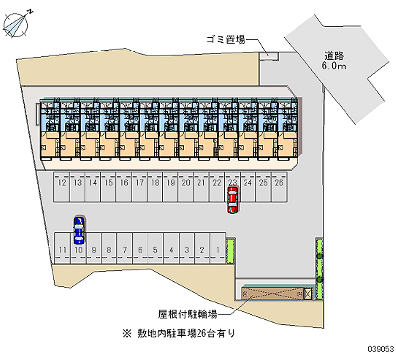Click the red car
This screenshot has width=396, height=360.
pyautogui.click(x=233, y=200)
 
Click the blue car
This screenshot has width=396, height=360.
pyautogui.click(x=79, y=230)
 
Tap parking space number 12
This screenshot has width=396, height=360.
pyautogui.click(x=61, y=187)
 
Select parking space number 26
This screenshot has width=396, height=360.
pyautogui.click(x=279, y=187)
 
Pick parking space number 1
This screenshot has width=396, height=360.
pyautogui.click(x=218, y=249)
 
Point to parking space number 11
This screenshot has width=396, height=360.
pyautogui.click(x=63, y=249)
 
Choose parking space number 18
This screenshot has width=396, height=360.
pyautogui.click(x=155, y=187)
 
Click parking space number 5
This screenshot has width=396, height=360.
pyautogui.click(x=156, y=249)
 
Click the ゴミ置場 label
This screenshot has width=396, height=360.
pyautogui.click(x=226, y=40)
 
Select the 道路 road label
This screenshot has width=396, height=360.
pyautogui.click(x=334, y=56)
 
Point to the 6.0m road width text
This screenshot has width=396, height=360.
pyautogui.click(x=334, y=66)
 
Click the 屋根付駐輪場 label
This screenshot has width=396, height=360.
pyautogui.click(x=188, y=314)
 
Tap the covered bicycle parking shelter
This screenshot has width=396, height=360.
pyautogui.click(x=273, y=293)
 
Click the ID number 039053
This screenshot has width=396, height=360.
pyautogui.click(x=381, y=349)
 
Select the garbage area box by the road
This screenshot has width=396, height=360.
pyautogui.click(x=269, y=56)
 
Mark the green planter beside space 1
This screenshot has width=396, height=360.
pyautogui.click(x=230, y=251)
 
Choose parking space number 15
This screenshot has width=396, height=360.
pyautogui.click(x=108, y=187)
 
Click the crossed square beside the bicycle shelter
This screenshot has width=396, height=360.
pyautogui.click(x=308, y=294)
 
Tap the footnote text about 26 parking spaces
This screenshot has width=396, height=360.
pyautogui.click(x=179, y=333)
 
